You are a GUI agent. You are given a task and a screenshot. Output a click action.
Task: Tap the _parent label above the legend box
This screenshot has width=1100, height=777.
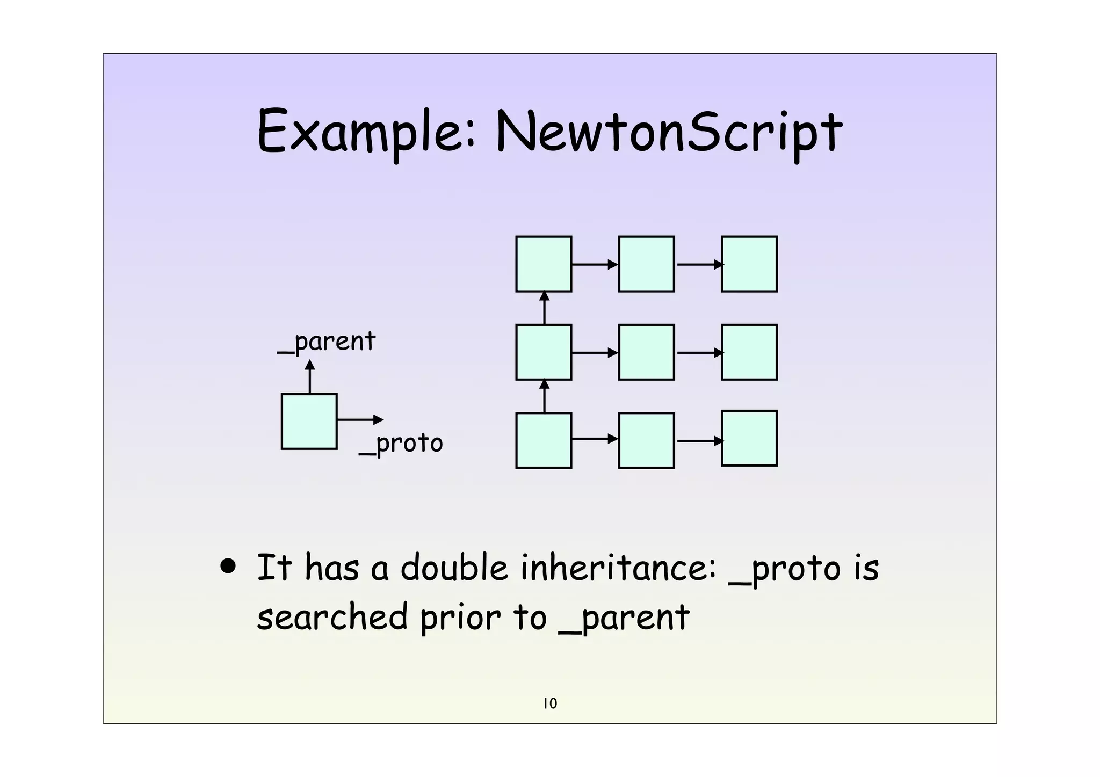(x=327, y=342)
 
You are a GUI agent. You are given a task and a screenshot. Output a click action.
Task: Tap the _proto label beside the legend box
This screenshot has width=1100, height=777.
(x=401, y=444)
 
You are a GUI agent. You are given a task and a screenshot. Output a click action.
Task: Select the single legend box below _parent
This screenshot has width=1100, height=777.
(x=309, y=422)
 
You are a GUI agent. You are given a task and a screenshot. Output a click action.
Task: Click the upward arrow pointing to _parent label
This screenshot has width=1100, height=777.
(x=310, y=376)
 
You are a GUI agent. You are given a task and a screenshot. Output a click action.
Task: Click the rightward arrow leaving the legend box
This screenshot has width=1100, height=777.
(x=360, y=420)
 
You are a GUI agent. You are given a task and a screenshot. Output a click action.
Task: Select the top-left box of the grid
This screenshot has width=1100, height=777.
(x=544, y=264)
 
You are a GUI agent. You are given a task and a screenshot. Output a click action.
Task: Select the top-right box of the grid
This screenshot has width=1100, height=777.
(x=749, y=264)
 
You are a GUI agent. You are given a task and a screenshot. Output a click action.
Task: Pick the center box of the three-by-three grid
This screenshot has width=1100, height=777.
(x=646, y=352)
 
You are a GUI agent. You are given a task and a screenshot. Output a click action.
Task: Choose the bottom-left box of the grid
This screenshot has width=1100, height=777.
(x=544, y=440)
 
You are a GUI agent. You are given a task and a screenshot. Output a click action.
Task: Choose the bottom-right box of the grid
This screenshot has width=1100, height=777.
(x=749, y=438)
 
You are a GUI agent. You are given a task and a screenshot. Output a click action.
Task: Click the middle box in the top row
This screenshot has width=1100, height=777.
(x=646, y=264)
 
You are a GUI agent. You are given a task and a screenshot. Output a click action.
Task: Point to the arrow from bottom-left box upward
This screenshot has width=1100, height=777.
(x=544, y=396)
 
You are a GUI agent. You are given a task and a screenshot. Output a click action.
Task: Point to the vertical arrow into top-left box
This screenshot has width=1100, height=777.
(x=544, y=308)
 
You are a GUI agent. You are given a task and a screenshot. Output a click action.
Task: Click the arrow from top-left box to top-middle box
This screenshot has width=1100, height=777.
(x=595, y=264)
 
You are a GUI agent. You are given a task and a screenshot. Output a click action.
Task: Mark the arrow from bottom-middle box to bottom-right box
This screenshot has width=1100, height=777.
(x=698, y=441)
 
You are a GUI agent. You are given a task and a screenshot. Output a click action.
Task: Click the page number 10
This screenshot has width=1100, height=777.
(x=550, y=703)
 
